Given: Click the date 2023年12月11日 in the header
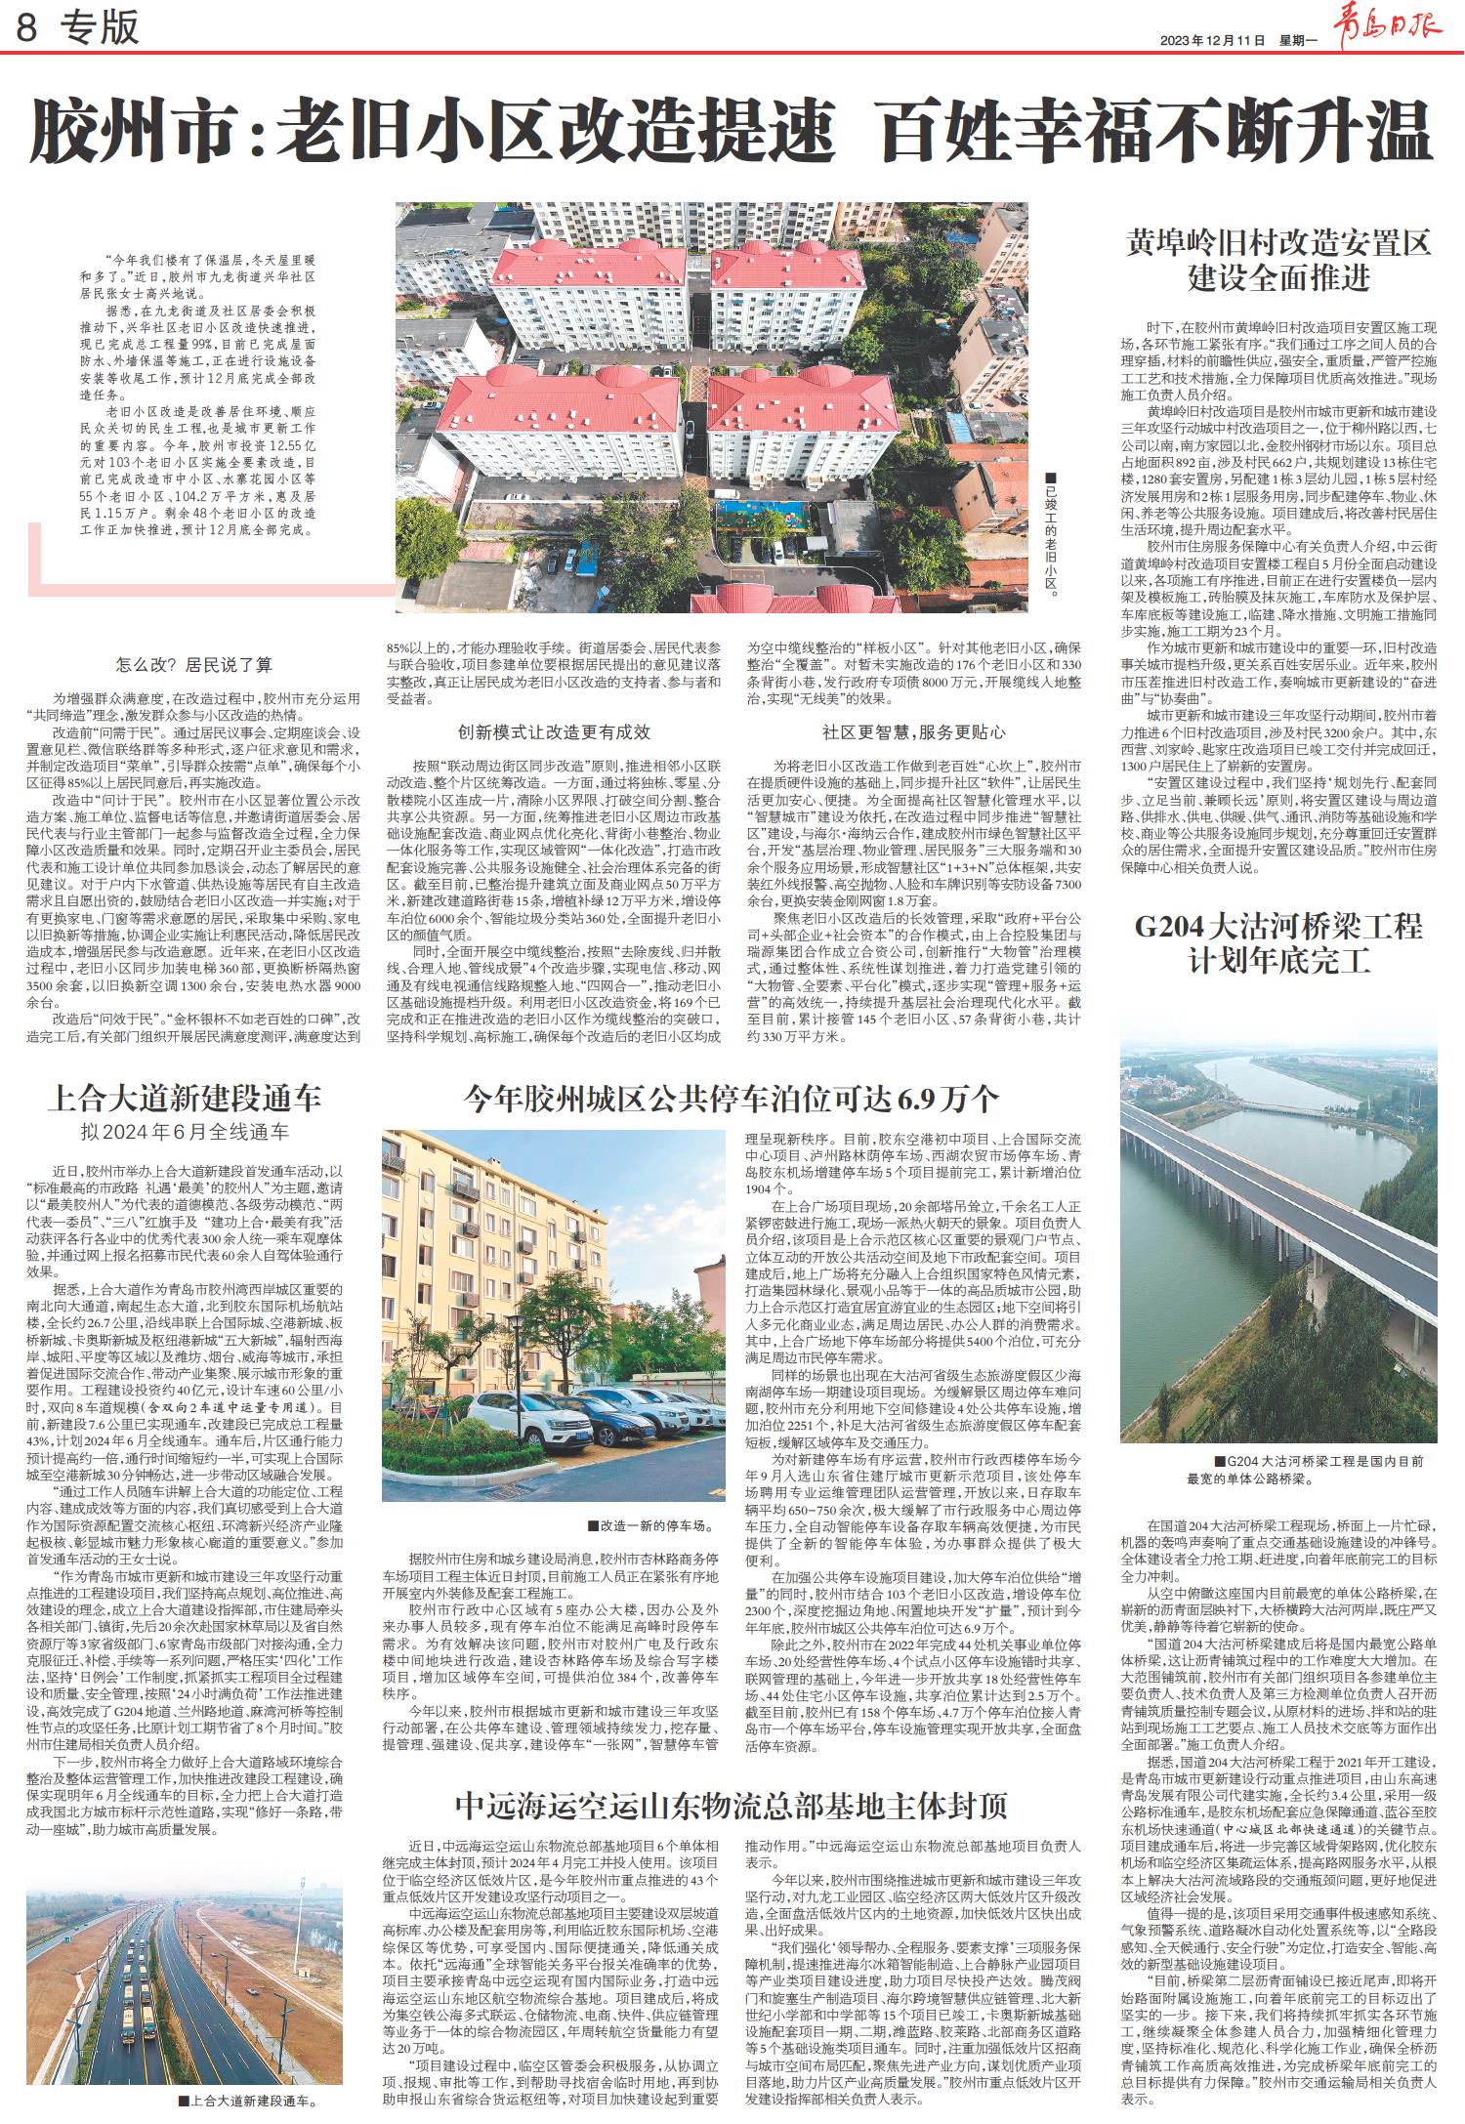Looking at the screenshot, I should tap(1212, 41).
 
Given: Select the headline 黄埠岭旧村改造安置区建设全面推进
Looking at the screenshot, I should tap(1279, 259).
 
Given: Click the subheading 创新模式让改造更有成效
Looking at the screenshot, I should tap(554, 731).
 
